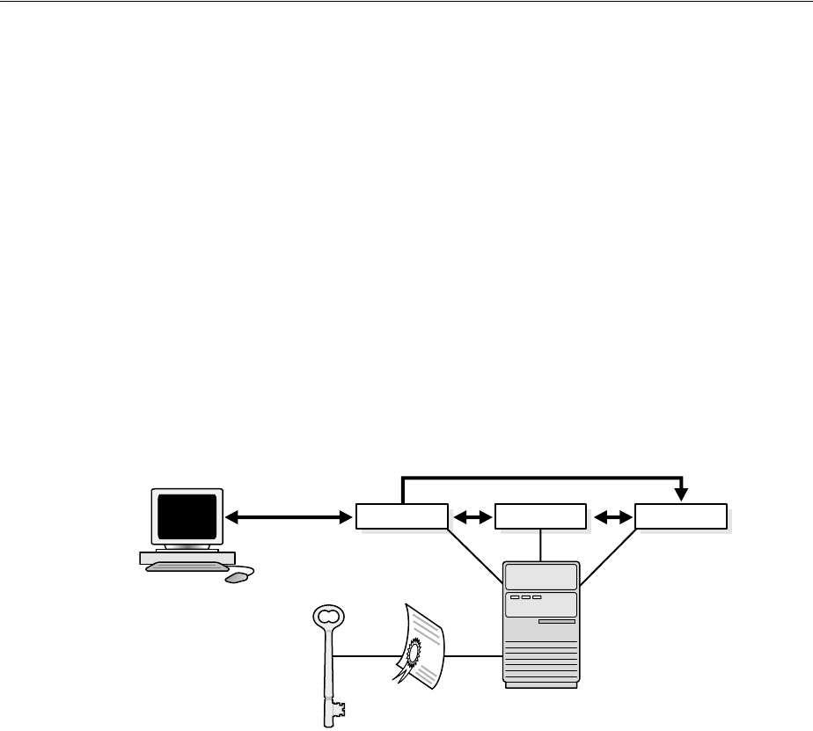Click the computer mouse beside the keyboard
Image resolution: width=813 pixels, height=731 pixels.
click(238, 578)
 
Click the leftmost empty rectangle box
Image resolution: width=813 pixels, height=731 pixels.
click(401, 517)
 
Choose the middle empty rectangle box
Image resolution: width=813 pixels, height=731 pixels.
click(540, 517)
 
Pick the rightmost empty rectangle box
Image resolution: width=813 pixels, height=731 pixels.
click(681, 517)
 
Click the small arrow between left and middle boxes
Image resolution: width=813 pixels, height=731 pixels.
click(472, 518)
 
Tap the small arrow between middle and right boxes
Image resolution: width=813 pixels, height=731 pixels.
click(612, 518)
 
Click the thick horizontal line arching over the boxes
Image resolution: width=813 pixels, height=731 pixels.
click(541, 479)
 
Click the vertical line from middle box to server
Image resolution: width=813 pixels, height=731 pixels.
click(540, 545)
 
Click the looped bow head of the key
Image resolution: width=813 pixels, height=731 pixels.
click(326, 614)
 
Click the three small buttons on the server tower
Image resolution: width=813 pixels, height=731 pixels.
click(524, 598)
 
